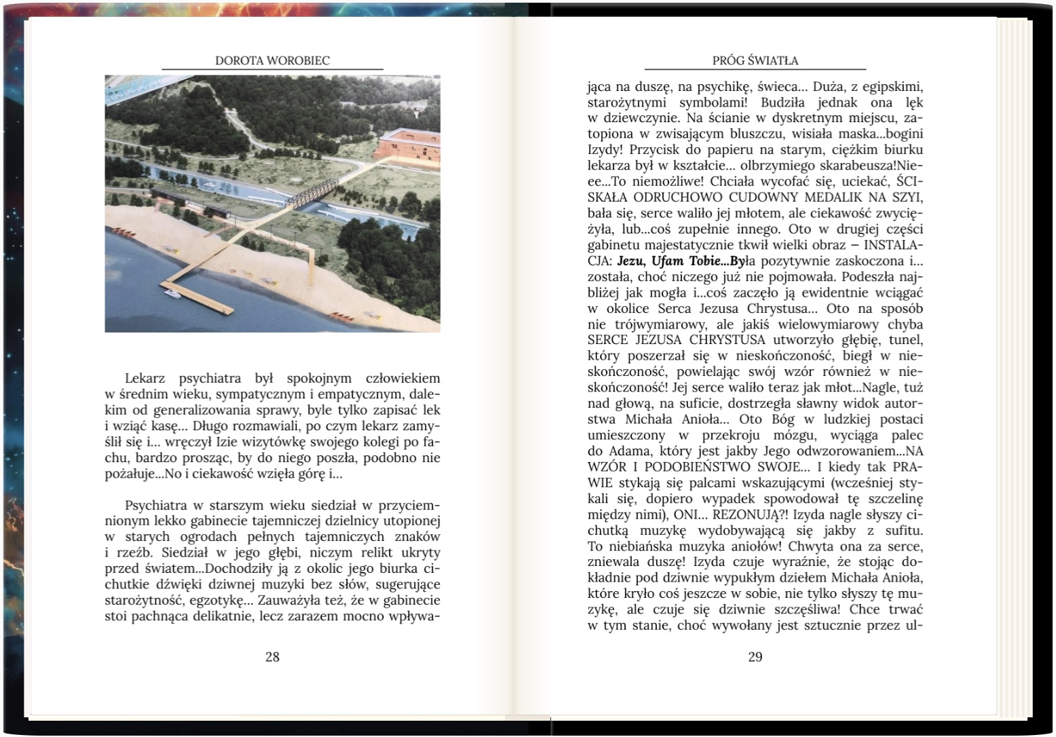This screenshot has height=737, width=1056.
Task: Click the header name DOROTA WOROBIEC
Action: point(272,60)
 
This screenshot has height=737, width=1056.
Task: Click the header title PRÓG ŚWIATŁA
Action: point(755,60)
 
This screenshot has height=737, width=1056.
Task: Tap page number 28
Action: point(272,657)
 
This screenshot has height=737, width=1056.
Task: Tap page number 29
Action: point(755,657)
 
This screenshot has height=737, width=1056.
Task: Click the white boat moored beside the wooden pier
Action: point(170,294)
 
